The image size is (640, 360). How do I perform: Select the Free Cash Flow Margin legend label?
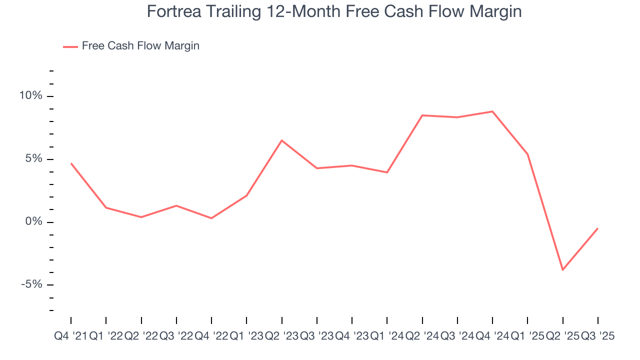(140, 46)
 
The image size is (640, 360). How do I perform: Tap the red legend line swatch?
(70, 46)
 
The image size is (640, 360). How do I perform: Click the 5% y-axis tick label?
(35, 159)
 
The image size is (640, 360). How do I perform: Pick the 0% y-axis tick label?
(35, 222)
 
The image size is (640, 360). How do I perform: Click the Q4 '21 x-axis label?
(70, 336)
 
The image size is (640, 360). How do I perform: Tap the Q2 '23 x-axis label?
(281, 336)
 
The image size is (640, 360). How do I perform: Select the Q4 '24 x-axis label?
(492, 336)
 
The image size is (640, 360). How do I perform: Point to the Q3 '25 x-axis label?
(597, 336)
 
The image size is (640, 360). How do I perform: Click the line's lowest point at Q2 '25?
(563, 270)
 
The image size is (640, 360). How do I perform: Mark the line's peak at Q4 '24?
(492, 111)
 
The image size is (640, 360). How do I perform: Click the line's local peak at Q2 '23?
(281, 140)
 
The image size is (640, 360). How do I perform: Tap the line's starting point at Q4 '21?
(71, 163)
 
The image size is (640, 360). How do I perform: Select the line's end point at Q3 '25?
(598, 228)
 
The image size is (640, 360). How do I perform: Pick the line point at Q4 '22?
(211, 218)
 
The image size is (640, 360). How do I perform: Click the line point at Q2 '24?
(422, 115)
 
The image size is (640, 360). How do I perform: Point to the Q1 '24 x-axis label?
(387, 336)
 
